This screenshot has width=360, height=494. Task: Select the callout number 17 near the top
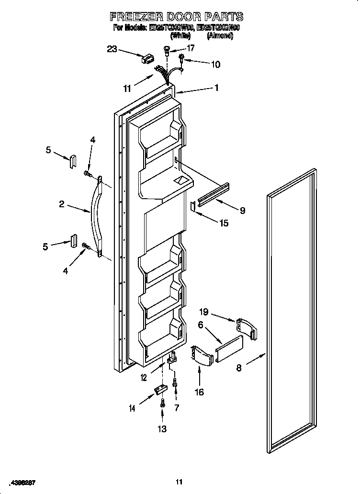[x=191, y=48]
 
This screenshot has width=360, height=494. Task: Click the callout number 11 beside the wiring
[x=127, y=88]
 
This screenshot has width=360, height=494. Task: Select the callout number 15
[x=224, y=223]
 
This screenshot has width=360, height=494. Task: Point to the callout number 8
[x=239, y=368]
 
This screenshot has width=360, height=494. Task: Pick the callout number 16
[x=199, y=392]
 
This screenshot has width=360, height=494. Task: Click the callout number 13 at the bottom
[x=162, y=429]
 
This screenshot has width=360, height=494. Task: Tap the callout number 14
[x=132, y=408]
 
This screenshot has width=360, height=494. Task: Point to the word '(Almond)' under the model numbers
[x=219, y=36]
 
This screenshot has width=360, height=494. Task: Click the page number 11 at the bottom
[x=179, y=482]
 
